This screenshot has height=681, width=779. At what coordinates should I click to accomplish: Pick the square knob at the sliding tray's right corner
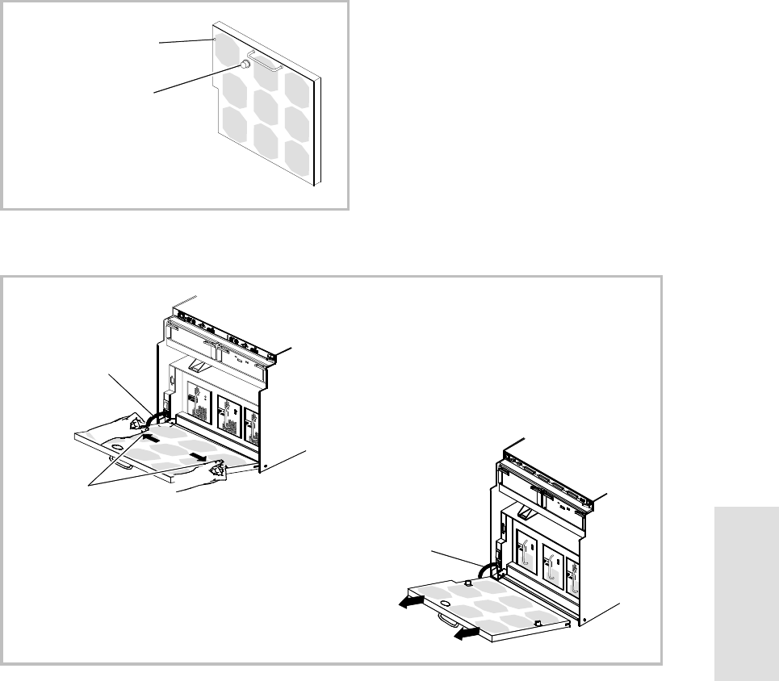click(538, 622)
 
